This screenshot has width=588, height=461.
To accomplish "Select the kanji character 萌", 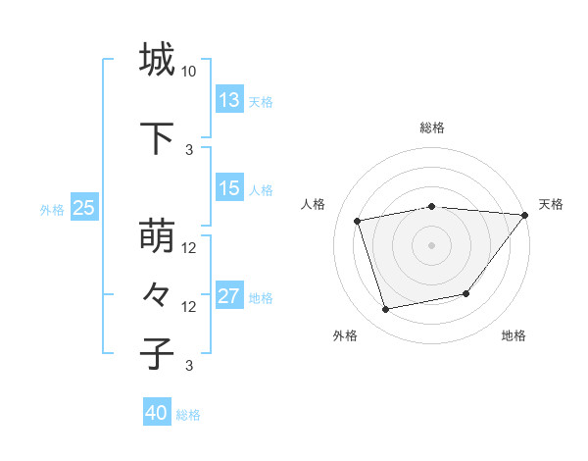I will pyautogui.click(x=158, y=236).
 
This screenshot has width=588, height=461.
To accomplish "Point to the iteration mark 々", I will pyautogui.click(x=158, y=294).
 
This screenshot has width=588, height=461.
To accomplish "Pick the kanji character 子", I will pyautogui.click(x=158, y=352).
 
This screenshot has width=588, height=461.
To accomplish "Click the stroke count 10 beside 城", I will pyautogui.click(x=189, y=72).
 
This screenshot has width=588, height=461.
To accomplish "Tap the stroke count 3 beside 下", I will pyautogui.click(x=189, y=149).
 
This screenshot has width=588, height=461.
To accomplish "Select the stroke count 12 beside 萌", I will pyautogui.click(x=189, y=248).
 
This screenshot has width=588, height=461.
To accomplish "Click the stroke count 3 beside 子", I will pyautogui.click(x=189, y=366).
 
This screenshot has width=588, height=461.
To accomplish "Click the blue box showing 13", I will pyautogui.click(x=229, y=100).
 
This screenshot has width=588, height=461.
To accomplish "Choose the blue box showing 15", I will pyautogui.click(x=229, y=188).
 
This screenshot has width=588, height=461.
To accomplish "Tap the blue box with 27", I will pyautogui.click(x=229, y=296).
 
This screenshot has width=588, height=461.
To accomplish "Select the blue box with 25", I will pyautogui.click(x=84, y=208).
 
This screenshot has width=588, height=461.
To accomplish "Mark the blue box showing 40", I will pyautogui.click(x=157, y=413).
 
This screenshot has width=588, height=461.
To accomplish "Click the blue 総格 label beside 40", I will pyautogui.click(x=188, y=415).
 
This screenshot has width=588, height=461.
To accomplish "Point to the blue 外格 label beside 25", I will pyautogui.click(x=52, y=209).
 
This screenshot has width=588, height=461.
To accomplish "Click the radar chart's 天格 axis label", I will pyautogui.click(x=551, y=204).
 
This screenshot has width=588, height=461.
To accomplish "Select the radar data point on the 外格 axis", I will pyautogui.click(x=385, y=310).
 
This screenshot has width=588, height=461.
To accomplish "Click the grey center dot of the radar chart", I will pyautogui.click(x=431, y=244).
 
